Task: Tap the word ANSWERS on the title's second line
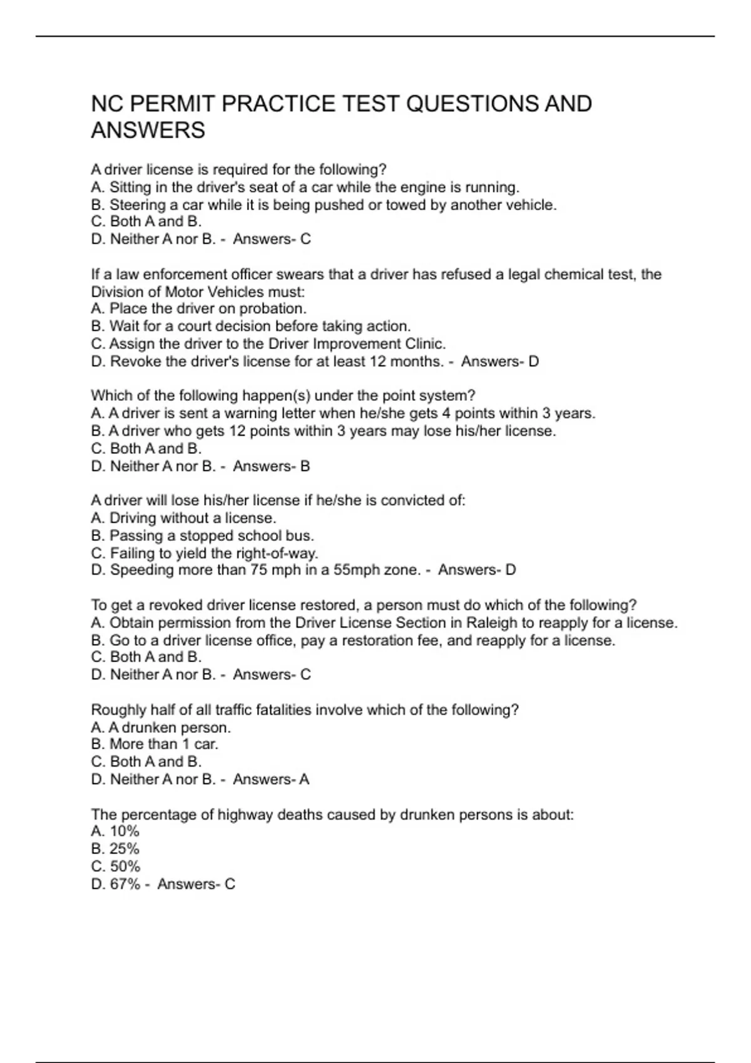148,131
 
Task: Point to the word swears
299,275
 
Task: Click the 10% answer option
124,832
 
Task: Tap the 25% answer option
124,849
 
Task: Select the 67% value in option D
125,884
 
